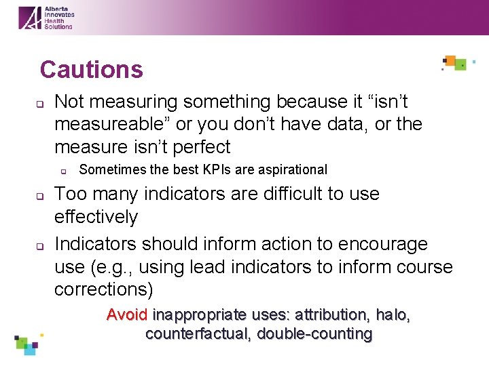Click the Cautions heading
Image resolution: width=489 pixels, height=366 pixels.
[91, 69]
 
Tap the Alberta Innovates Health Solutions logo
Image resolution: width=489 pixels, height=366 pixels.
[46, 17]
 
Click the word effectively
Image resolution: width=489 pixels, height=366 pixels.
[96, 217]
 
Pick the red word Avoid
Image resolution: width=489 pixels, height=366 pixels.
[128, 315]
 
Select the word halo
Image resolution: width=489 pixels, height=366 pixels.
[392, 315]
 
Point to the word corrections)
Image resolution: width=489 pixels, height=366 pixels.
[104, 289]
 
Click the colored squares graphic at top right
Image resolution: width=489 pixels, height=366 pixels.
[456, 63]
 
